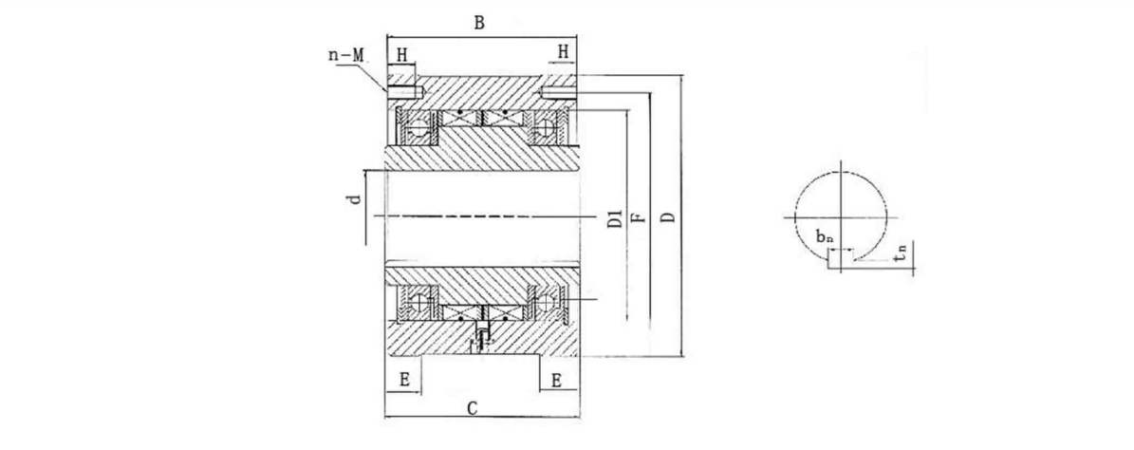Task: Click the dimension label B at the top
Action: pyautogui.click(x=480, y=24)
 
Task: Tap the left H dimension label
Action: pyautogui.click(x=402, y=55)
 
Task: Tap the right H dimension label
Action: pyautogui.click(x=563, y=53)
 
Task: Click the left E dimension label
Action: pyautogui.click(x=404, y=379)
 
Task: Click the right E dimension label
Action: pyautogui.click(x=556, y=379)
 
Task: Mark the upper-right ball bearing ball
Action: pyautogui.click(x=546, y=127)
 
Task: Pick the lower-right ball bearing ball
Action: pyautogui.click(x=546, y=302)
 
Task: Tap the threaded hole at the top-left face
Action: pyautogui.click(x=405, y=92)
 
